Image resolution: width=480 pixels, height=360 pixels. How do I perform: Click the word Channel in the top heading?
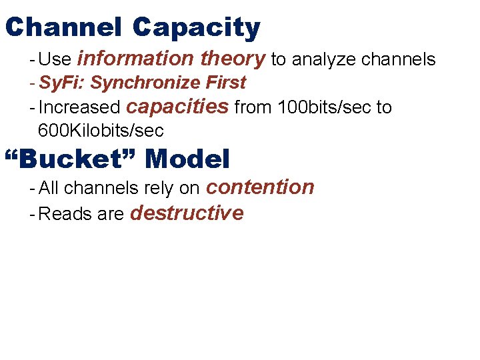63,28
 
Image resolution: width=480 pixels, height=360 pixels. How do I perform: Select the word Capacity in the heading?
196,28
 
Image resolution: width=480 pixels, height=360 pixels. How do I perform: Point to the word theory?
233,59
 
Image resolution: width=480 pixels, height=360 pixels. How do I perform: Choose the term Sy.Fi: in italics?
62,83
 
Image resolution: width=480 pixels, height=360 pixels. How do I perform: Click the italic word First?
226,83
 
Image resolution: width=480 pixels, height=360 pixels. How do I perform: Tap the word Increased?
80,107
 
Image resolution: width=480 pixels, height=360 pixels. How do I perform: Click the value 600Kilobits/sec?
99,129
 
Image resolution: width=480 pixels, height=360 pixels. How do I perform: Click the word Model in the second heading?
187,160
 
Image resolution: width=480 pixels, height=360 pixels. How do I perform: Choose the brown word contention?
260,187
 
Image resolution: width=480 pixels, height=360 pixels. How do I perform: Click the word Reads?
64,215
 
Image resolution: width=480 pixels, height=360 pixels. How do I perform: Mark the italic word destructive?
187,213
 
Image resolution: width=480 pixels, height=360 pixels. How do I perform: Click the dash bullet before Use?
33,60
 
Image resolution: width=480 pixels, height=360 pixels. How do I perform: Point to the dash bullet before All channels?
33,189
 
